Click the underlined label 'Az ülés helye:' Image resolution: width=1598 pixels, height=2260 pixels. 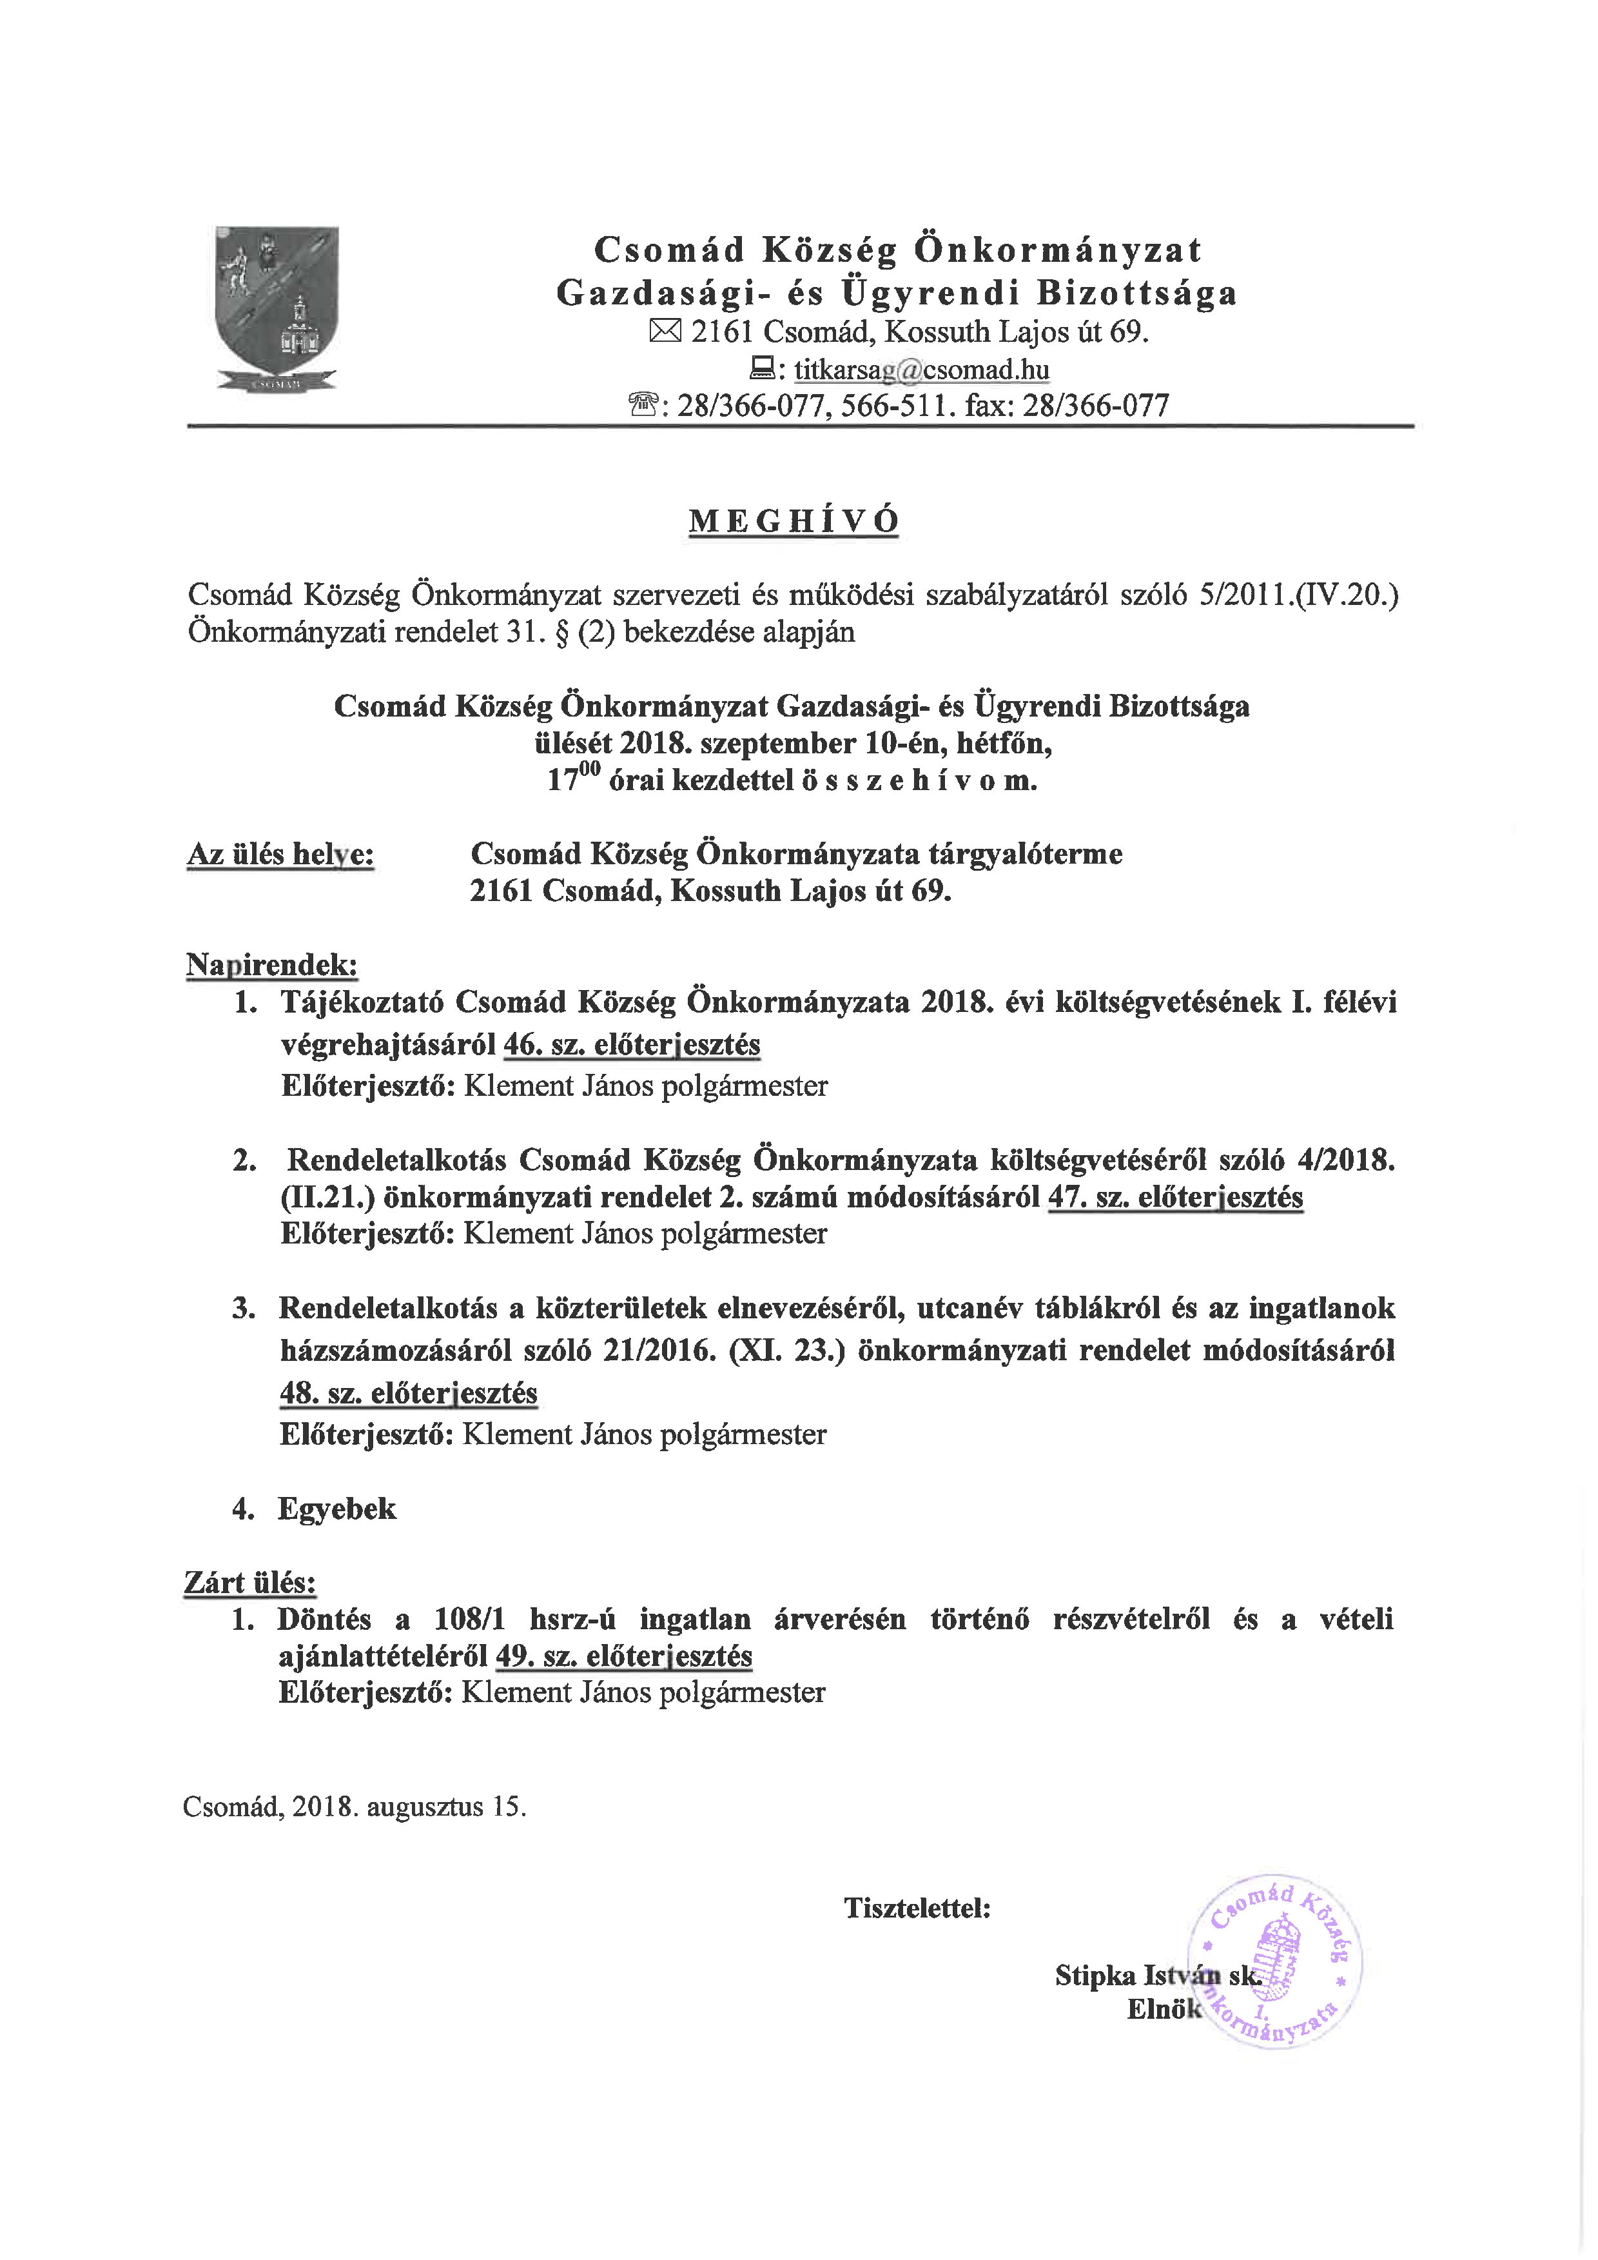point(280,855)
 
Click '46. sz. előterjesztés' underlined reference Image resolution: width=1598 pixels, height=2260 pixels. point(632,1044)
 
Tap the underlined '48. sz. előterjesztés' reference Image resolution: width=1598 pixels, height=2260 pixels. point(408,1393)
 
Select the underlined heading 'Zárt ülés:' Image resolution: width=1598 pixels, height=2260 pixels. point(250,1581)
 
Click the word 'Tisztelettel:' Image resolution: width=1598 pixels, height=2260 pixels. point(917,1908)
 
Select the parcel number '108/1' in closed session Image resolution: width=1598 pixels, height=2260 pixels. point(471,1619)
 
